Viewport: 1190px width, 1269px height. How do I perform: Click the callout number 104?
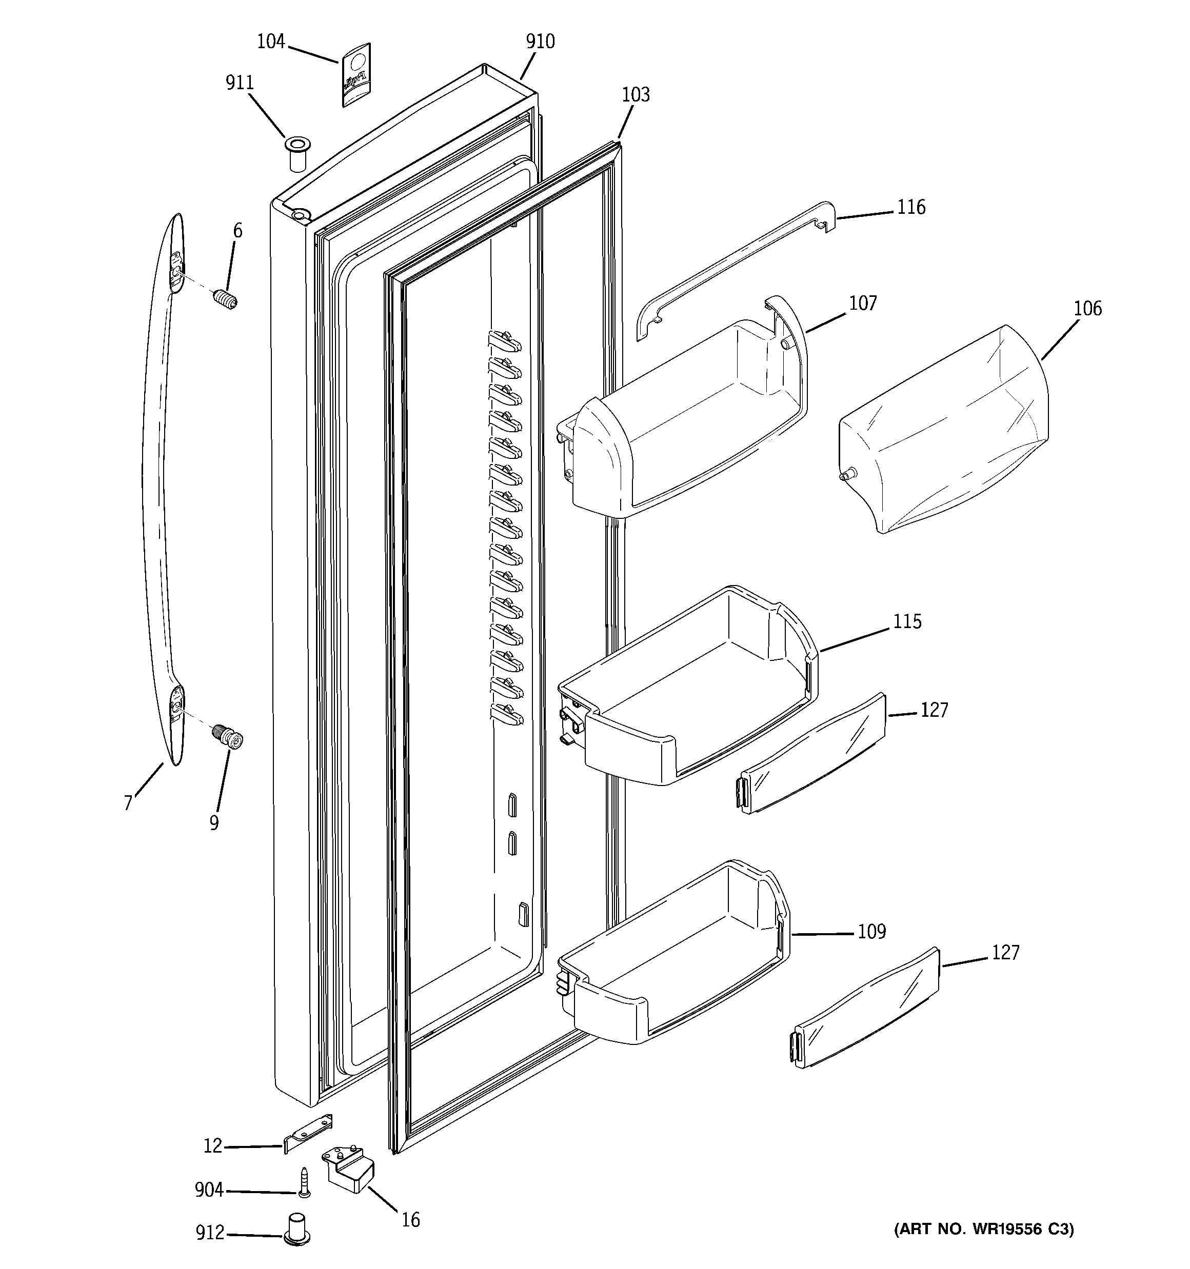[x=270, y=42]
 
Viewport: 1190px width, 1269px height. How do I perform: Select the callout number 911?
[x=240, y=83]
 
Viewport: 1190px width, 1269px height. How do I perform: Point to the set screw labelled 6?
[x=226, y=298]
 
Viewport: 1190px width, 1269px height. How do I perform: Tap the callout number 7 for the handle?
[x=128, y=802]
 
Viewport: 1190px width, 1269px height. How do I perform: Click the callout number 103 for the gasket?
[x=636, y=95]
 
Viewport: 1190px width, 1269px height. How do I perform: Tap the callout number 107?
[x=862, y=303]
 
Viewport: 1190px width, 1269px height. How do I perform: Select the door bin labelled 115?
[x=690, y=690]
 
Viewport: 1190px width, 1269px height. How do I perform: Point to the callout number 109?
[x=871, y=932]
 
